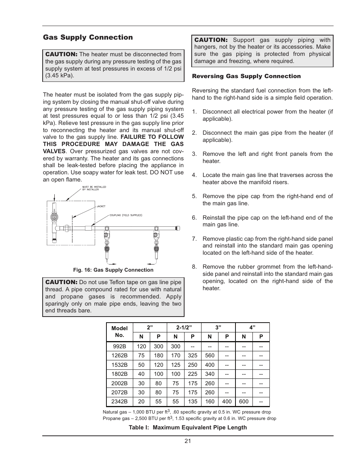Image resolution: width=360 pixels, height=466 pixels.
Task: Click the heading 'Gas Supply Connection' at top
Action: pos(88,37)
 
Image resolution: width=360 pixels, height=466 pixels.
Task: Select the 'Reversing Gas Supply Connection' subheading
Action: pos(246,76)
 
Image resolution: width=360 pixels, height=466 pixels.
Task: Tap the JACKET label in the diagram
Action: pos(101,206)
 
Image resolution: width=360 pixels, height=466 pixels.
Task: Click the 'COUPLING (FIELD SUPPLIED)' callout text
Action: pos(126,215)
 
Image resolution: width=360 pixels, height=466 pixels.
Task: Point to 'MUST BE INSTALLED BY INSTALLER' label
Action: pos(94,188)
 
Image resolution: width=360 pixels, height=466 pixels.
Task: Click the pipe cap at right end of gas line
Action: pos(177,228)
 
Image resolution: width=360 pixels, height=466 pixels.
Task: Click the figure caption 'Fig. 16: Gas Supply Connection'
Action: pos(113,270)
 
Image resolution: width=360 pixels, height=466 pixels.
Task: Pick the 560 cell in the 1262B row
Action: pos(210,355)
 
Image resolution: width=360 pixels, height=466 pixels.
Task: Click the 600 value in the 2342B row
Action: pos(244,401)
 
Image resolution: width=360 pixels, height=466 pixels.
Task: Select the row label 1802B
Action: pos(119,374)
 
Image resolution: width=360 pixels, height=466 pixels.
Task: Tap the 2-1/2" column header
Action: pos(184,328)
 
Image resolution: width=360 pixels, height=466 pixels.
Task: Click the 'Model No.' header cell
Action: pos(119,332)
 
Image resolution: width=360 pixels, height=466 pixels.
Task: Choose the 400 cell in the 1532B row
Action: pos(210,365)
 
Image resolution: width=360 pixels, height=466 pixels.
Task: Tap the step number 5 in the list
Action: pos(194,196)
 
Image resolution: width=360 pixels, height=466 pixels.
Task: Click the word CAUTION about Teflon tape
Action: pos(61,282)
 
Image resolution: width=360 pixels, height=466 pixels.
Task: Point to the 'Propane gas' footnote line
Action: pos(189,418)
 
